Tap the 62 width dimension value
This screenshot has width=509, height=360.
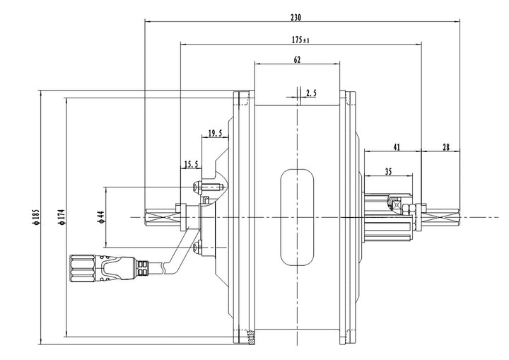pyautogui.click(x=297, y=61)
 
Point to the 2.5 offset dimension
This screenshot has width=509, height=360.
pyautogui.click(x=311, y=93)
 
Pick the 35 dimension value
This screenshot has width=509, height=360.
pyautogui.click(x=389, y=171)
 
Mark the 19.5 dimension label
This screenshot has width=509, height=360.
pyautogui.click(x=215, y=132)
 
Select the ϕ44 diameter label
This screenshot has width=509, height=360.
pyautogui.click(x=101, y=216)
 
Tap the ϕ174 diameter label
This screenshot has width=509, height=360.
pyautogui.click(x=62, y=216)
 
